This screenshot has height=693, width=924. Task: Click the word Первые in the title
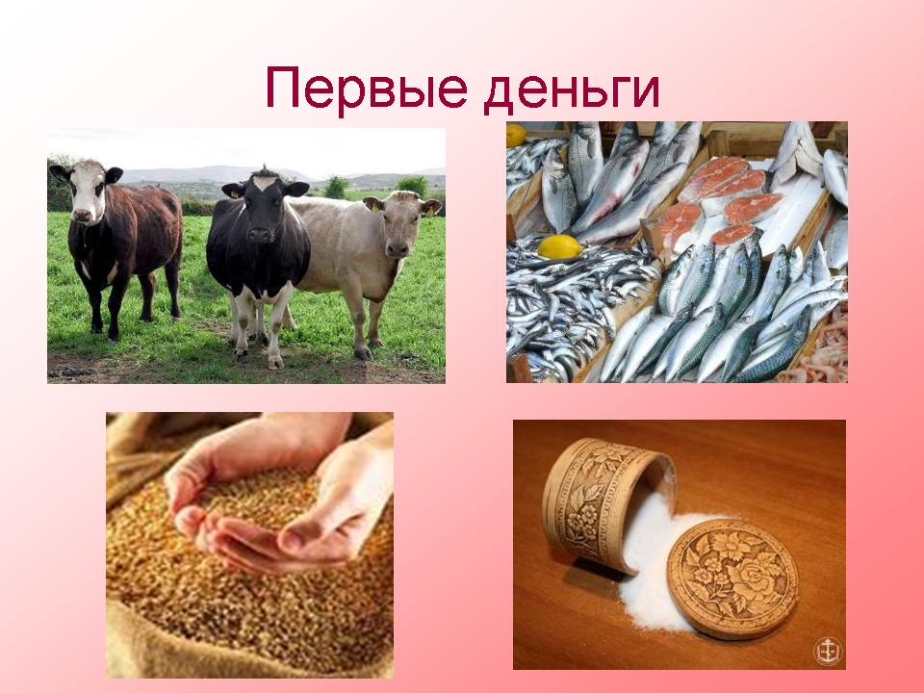(x=367, y=89)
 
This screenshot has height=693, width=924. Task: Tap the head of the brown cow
(x=89, y=190)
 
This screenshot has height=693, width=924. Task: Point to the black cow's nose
(x=259, y=235)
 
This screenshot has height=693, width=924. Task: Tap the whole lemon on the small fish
(x=560, y=246)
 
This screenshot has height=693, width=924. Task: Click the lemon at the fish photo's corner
(x=516, y=135)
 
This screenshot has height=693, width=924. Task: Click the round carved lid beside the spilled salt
(x=732, y=577)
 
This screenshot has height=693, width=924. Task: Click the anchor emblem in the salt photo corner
(x=828, y=652)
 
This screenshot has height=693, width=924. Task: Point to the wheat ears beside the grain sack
(x=133, y=466)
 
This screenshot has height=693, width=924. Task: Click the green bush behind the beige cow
(x=412, y=186)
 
